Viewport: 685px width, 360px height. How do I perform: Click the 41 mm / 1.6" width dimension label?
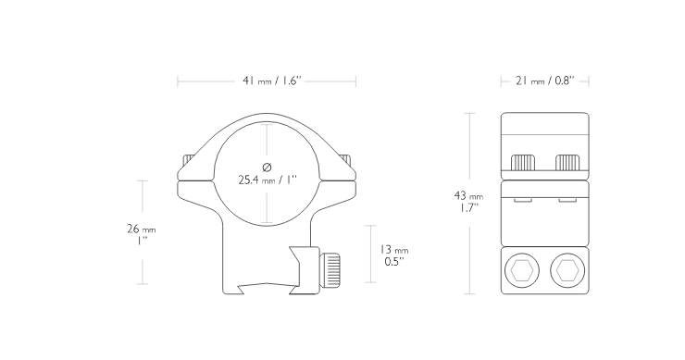pos(272,81)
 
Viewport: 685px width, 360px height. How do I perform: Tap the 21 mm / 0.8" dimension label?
pos(545,81)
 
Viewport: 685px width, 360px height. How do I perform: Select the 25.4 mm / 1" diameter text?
pos(268,180)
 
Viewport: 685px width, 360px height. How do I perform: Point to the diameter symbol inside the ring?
pos(268,167)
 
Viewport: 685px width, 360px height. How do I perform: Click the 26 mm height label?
pos(141,229)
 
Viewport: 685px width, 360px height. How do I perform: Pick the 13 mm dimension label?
pos(394,250)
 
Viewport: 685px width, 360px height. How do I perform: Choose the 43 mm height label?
pos(468,195)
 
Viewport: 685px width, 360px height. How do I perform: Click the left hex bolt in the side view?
pos(521,271)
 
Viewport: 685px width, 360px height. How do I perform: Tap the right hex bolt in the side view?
pos(567,271)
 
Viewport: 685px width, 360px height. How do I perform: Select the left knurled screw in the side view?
pos(523,163)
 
